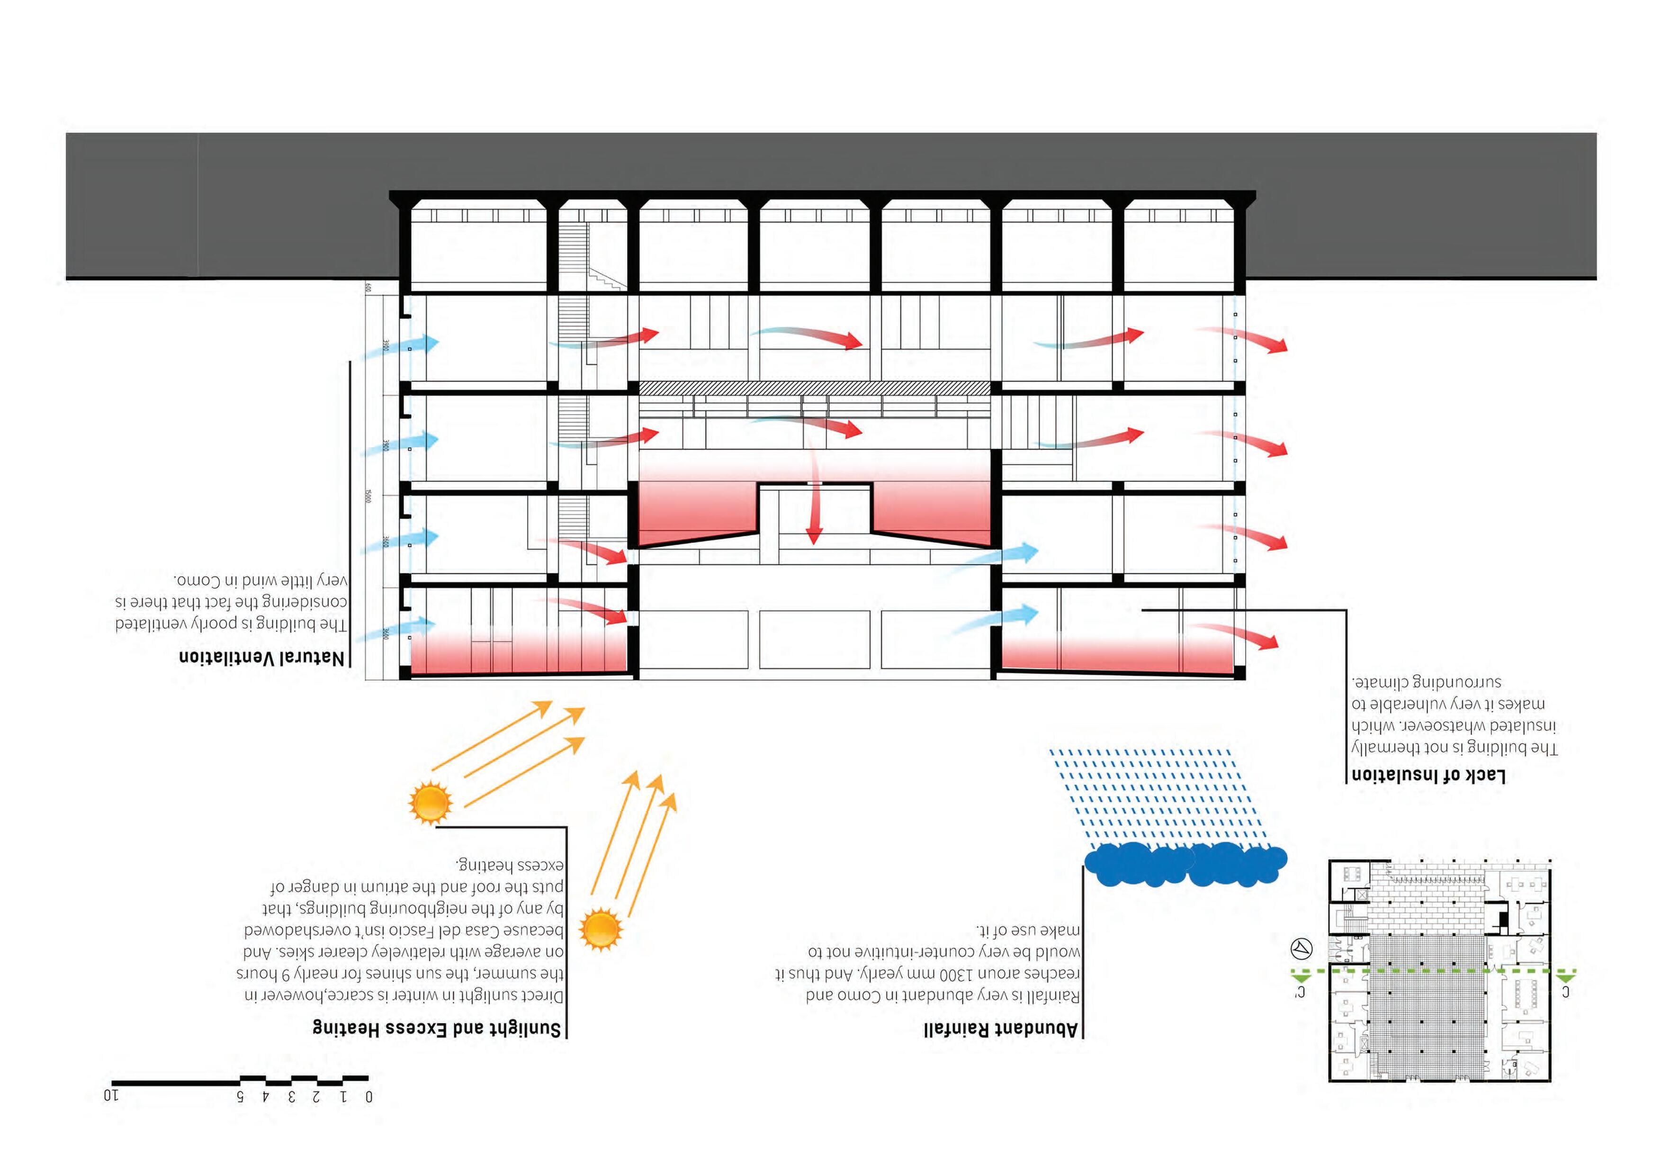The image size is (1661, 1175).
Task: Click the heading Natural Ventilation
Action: point(262,658)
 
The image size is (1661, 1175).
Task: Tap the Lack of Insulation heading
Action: point(1429,775)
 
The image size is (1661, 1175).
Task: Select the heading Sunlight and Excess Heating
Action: point(437,1028)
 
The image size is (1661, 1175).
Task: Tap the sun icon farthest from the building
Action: point(601,928)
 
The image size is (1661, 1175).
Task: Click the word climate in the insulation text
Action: point(1383,682)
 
